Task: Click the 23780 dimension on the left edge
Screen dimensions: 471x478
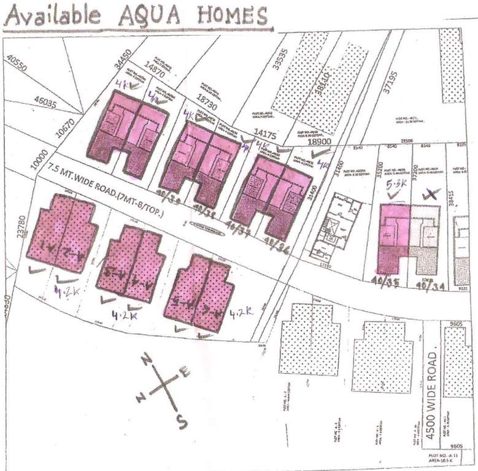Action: click(22, 225)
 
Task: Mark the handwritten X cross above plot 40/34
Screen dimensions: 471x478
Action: click(432, 195)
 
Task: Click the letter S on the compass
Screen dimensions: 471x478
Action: click(181, 421)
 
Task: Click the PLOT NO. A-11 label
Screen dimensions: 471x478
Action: click(444, 458)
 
